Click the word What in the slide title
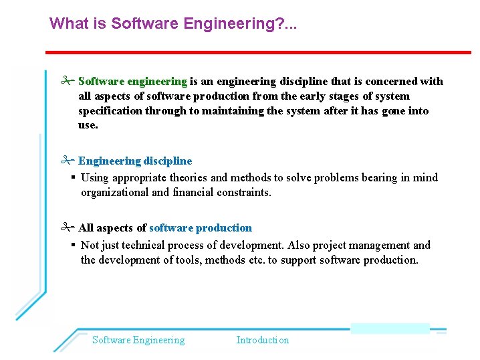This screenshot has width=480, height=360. (68, 24)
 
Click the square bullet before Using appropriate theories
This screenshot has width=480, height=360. (73, 177)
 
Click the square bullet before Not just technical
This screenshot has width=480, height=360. (73, 245)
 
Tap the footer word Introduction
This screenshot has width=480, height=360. (263, 340)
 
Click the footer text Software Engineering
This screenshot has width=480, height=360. (138, 340)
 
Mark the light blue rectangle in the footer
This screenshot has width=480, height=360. (390, 328)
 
